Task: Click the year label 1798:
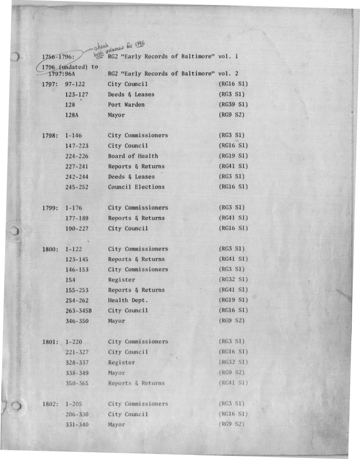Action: coord(50,136)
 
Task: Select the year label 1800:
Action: coord(50,249)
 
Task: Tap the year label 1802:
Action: coord(51,404)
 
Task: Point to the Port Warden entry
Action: coord(126,105)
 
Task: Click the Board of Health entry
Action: coord(133,156)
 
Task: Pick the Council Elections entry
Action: coord(136,187)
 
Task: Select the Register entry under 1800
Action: coord(121,280)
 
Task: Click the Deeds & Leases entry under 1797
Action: coord(131,95)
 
